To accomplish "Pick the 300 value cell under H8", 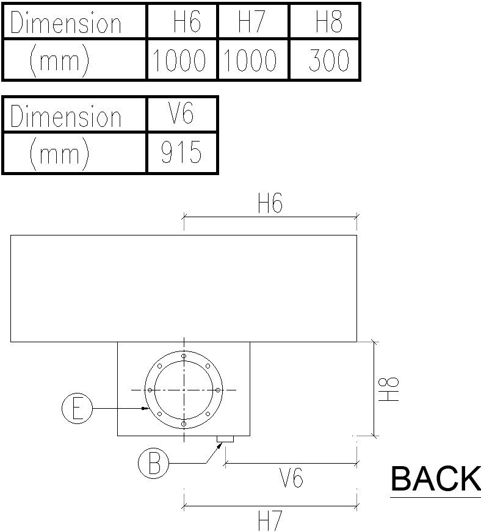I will (325, 60).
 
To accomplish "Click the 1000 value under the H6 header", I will (182, 60).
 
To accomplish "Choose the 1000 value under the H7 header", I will (253, 60).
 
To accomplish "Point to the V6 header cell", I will (182, 114).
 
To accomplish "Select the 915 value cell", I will (182, 152).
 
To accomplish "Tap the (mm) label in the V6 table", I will (59, 153).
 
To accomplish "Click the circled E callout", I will (77, 408).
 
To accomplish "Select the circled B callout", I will (154, 464).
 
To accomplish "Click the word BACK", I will (435, 479).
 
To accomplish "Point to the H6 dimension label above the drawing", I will (270, 203).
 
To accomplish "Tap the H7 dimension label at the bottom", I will (270, 520).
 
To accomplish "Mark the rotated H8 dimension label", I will (389, 389).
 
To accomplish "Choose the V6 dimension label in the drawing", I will (291, 478).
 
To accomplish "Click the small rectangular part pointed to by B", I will (226, 439).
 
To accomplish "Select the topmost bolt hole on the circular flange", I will (184, 356).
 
